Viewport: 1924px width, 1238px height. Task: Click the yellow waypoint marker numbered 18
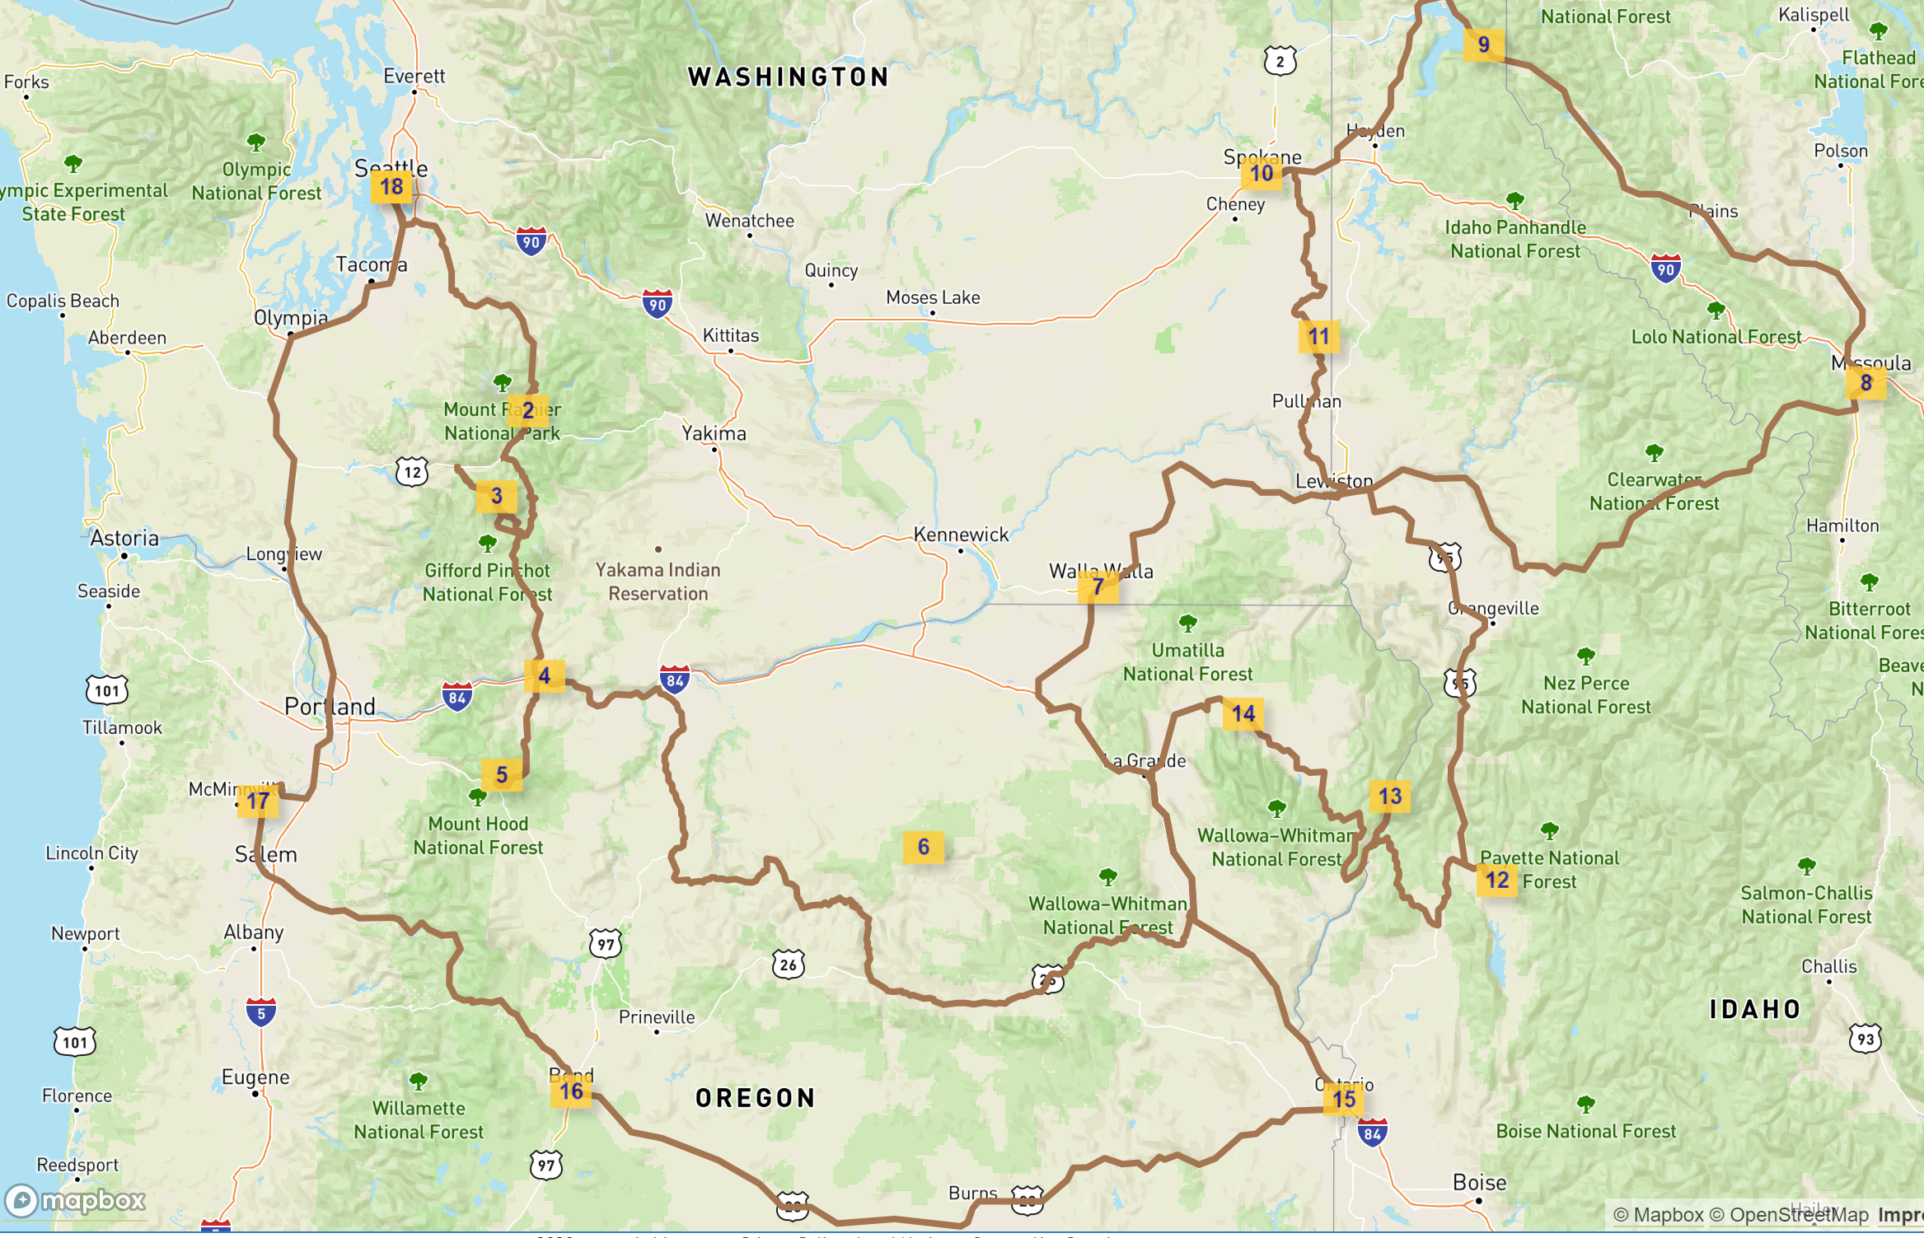coord(391,187)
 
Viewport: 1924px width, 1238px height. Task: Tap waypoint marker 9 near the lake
coord(1483,44)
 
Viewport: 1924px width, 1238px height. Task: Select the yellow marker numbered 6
coord(923,847)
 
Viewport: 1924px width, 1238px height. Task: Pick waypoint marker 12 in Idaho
coord(1497,880)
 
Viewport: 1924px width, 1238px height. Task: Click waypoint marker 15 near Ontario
coord(1344,1099)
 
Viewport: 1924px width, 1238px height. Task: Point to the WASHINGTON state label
coord(789,77)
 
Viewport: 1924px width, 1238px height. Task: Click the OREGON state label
coord(755,1098)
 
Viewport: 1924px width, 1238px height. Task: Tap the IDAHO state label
coord(1755,1009)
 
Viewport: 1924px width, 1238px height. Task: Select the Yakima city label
coord(714,433)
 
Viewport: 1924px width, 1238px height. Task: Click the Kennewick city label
coord(961,535)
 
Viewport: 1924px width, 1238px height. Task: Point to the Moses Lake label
coord(933,297)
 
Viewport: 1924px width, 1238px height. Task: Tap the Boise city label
coord(1479,1183)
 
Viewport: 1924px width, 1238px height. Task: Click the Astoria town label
coord(124,538)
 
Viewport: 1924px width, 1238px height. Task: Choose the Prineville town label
coord(657,1017)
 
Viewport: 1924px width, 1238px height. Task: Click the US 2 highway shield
coord(1280,61)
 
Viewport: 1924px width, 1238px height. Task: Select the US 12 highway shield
coord(412,472)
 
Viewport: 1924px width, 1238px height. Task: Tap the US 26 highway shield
coord(789,965)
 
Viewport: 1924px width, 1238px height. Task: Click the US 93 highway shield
coord(1865,1039)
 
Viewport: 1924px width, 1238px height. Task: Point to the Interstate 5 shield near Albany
coord(261,1013)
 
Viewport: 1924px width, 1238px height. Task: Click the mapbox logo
coord(76,1200)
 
